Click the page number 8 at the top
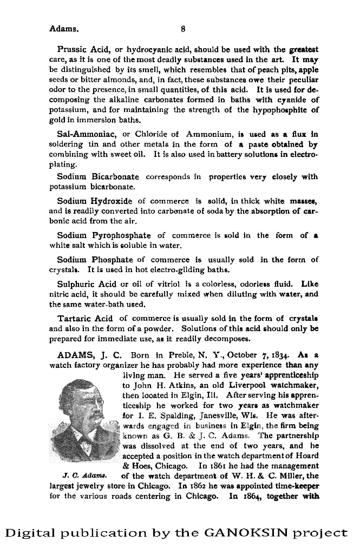[184, 28]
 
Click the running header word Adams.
[64, 28]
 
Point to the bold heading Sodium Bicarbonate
[98, 176]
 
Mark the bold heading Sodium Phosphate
[95, 260]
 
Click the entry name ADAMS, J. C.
[90, 355]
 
